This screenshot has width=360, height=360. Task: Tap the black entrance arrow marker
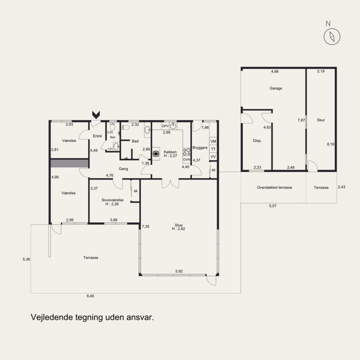coord(96,115)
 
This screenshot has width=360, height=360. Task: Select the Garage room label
coord(276,88)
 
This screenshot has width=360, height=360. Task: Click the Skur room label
coord(321,120)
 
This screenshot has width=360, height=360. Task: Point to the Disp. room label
coord(257,141)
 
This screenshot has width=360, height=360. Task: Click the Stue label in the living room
coord(178,225)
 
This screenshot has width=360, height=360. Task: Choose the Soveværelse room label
coord(112,200)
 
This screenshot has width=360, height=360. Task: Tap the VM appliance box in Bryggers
coord(213,141)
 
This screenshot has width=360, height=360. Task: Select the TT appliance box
coord(213,149)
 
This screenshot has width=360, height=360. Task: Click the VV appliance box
coord(213,157)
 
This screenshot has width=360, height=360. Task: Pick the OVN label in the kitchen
coord(186,159)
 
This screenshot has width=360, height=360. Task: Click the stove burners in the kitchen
coord(186,152)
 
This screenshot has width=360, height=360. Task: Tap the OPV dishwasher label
coord(165,126)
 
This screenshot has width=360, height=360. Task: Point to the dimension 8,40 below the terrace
coord(90,296)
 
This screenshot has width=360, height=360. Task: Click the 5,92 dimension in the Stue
coord(179,271)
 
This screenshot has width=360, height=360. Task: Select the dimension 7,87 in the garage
coord(301,120)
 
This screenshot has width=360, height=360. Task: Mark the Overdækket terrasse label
coord(274,187)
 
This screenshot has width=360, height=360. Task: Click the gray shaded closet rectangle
coord(70,163)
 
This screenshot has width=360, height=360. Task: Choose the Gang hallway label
coord(123,169)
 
